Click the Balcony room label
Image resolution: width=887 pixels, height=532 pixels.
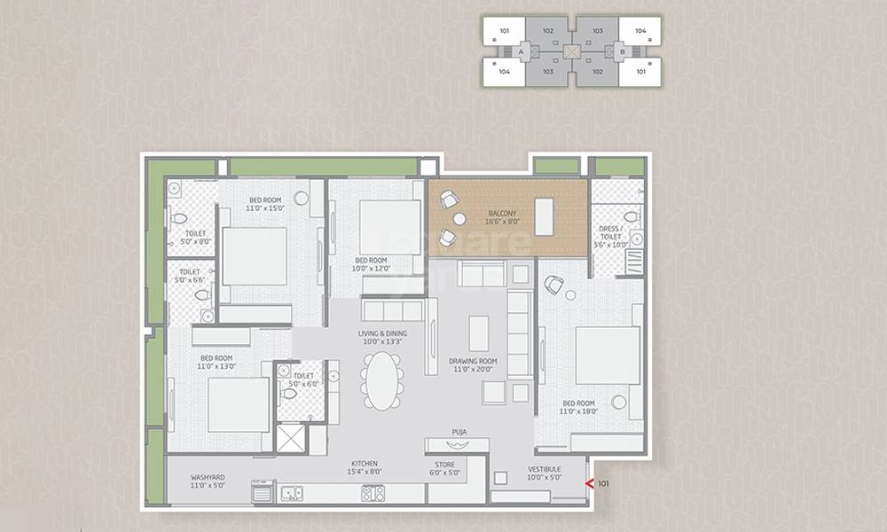[x=503, y=218]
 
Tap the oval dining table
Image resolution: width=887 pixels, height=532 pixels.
[x=382, y=380]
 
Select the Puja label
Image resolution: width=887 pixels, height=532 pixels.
[x=459, y=433]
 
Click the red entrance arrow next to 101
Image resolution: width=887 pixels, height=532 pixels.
[x=588, y=484]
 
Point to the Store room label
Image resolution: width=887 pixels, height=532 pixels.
[x=444, y=468]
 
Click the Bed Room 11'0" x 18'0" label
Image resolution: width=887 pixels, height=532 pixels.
[x=579, y=407]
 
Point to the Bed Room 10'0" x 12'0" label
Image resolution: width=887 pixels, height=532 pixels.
[x=371, y=263]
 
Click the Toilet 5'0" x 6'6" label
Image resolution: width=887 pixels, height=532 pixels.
[x=190, y=277]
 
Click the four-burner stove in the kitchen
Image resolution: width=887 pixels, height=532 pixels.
[x=373, y=494]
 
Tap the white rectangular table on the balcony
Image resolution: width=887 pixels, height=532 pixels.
[x=543, y=215]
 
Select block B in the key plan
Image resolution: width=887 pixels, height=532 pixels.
[x=623, y=52]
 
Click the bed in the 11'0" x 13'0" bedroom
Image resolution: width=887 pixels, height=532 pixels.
[x=238, y=404]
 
